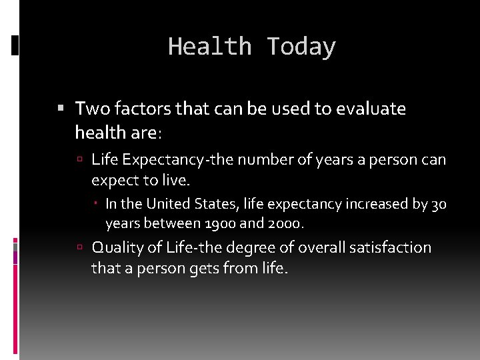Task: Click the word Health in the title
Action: pos(209,47)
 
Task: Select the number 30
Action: pos(439,204)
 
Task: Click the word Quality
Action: pos(117,248)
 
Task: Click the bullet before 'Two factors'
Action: pos(61,107)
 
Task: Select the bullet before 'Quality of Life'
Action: pos(79,247)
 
